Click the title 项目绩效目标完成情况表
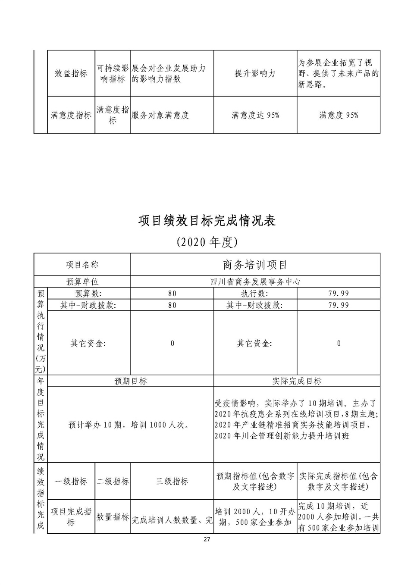click(207, 221)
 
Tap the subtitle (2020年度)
click(207, 242)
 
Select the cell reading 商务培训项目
click(255, 264)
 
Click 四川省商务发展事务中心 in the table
click(255, 282)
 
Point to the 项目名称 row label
click(82, 264)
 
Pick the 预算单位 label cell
click(82, 282)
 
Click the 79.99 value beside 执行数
click(339, 294)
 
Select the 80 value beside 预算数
click(172, 294)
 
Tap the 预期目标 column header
click(130, 381)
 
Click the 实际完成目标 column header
click(297, 381)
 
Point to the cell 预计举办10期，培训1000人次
click(129, 425)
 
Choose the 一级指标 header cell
click(71, 482)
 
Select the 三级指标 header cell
click(172, 482)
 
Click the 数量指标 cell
click(113, 517)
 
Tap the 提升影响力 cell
click(255, 74)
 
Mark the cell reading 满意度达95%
click(255, 115)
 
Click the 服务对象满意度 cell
click(160, 115)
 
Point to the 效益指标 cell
click(71, 74)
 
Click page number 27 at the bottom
click(207, 539)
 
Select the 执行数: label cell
click(255, 294)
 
